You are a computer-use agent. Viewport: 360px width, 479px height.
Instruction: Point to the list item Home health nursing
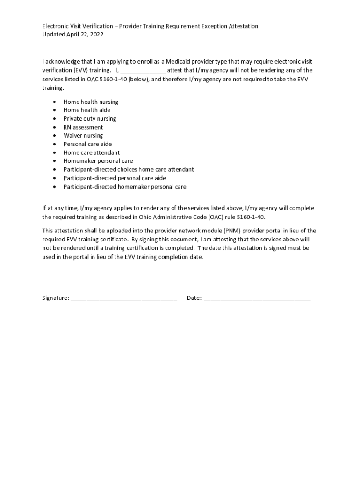[91, 102]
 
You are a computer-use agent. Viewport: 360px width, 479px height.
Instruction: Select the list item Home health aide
[87, 110]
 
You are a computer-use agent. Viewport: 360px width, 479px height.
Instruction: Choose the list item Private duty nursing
[90, 119]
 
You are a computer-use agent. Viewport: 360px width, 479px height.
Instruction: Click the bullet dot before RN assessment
[55, 127]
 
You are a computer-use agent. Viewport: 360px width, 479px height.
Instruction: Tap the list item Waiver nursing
[83, 136]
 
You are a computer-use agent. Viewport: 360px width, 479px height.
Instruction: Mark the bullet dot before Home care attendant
[55, 153]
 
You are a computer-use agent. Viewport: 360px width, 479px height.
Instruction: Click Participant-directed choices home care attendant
[129, 169]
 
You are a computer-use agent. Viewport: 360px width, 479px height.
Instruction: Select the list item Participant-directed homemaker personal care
[125, 187]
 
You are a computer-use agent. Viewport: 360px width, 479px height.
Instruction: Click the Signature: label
[56, 298]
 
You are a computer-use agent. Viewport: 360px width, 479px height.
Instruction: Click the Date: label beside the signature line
[194, 298]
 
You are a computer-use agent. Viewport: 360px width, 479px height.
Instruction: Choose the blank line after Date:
[257, 298]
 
